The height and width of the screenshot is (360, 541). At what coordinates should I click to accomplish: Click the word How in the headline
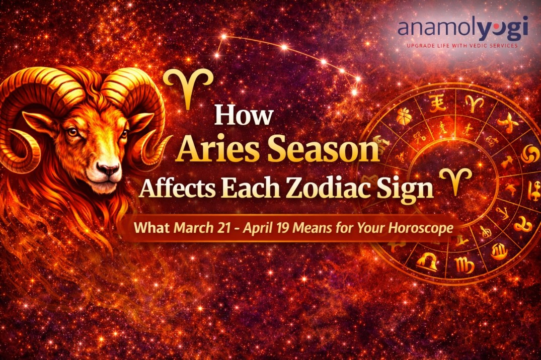244,115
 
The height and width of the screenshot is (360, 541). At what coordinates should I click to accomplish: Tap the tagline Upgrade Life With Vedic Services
462,46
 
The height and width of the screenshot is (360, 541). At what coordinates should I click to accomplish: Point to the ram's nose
107,169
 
